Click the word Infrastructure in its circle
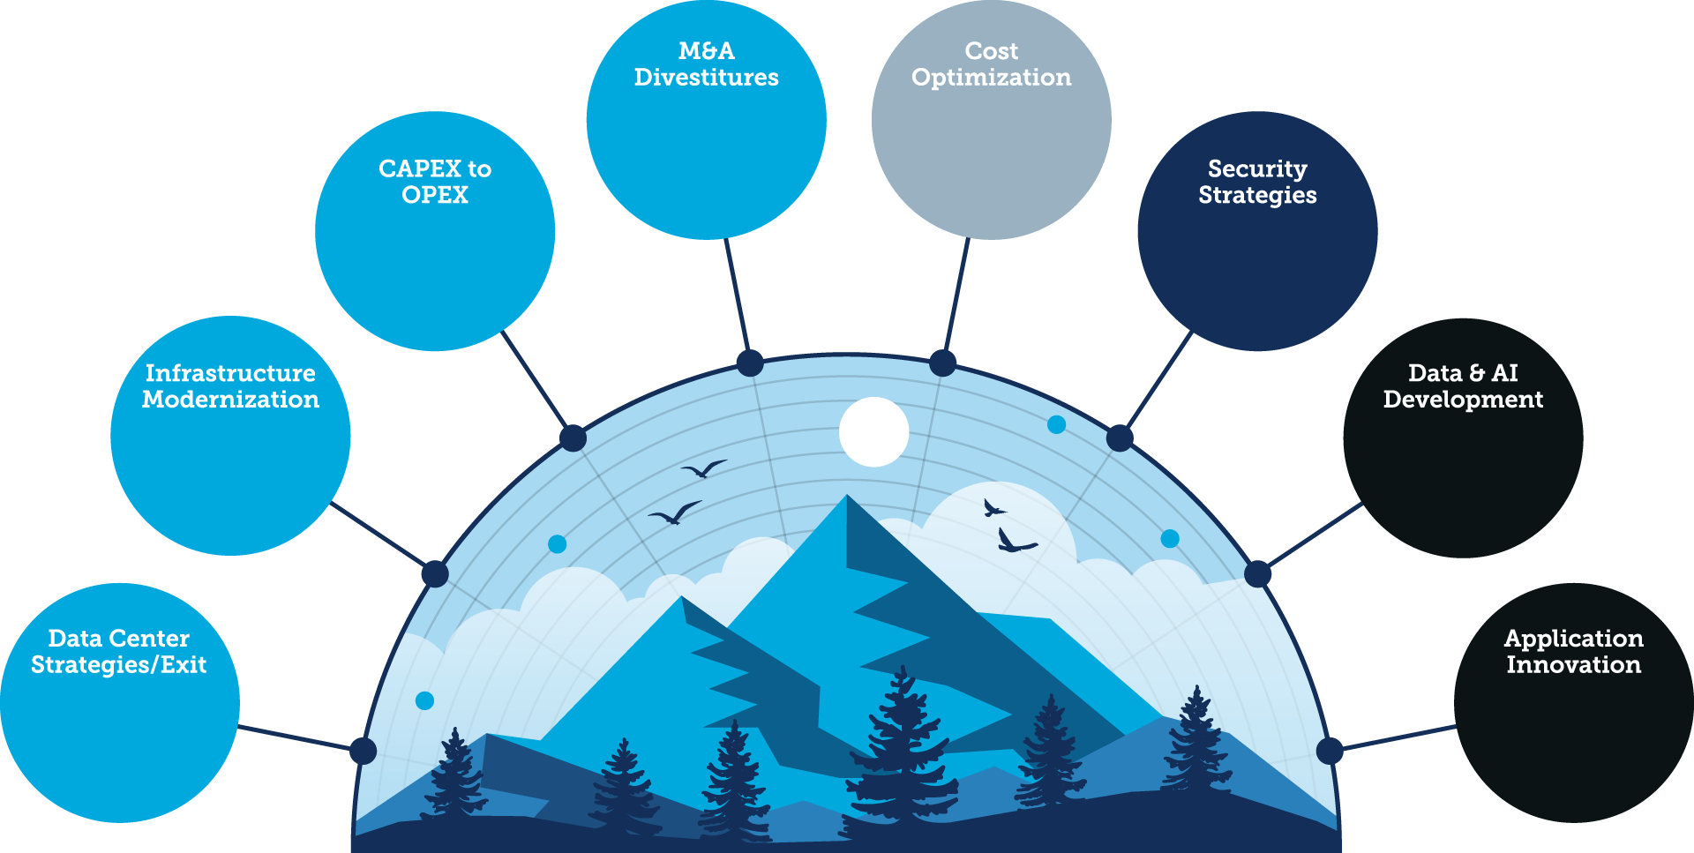point(230,373)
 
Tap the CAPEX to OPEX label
point(435,182)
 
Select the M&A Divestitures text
point(706,64)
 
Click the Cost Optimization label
point(991,64)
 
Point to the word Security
point(1257,168)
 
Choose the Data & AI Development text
point(1463,386)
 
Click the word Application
point(1573,638)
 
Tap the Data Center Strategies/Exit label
point(119,651)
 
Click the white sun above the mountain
point(873,431)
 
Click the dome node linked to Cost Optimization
point(942,363)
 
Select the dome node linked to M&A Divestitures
point(750,363)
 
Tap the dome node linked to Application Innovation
point(1330,751)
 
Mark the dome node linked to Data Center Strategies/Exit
point(363,751)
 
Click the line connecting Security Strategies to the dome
point(1158,383)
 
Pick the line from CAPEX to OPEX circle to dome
point(536,383)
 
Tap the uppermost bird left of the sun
point(704,468)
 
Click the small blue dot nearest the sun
point(1056,425)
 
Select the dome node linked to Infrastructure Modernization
point(434,574)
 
